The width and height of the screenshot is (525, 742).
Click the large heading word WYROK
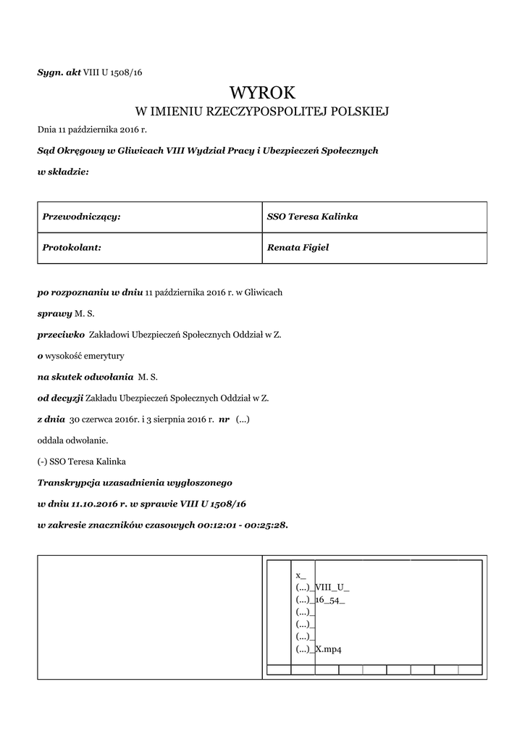click(x=262, y=93)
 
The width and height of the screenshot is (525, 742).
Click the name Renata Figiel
click(x=298, y=247)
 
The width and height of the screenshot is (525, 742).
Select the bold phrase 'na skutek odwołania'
click(x=85, y=377)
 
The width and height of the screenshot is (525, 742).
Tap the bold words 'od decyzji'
click(x=60, y=398)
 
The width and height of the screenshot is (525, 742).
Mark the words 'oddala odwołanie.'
click(x=72, y=440)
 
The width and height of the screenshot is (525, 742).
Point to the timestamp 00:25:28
click(x=264, y=524)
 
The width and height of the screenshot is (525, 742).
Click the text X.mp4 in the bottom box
click(x=329, y=649)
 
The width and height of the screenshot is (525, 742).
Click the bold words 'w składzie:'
click(x=63, y=172)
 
